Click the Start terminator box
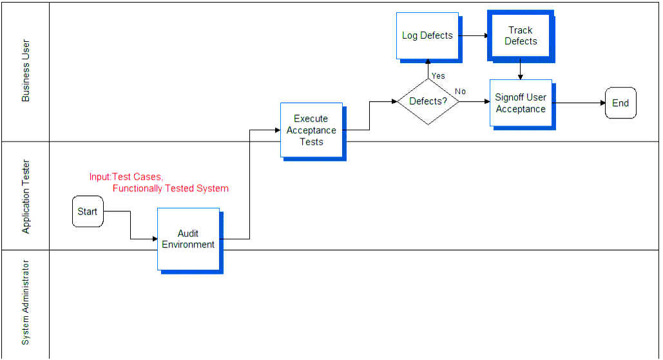[88, 211]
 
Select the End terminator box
[620, 103]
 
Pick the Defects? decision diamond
[428, 101]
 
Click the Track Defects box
[521, 37]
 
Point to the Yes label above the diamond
[438, 76]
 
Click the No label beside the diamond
[461, 91]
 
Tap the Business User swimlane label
[26, 71]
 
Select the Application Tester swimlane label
[26, 196]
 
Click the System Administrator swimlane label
[26, 303]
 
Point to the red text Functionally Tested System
[170, 189]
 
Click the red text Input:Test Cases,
[126, 176]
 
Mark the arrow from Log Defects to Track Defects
[473, 36]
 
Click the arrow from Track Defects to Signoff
[521, 70]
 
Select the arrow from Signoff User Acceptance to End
[579, 102]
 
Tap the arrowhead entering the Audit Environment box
[155, 239]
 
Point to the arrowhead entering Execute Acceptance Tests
[278, 130]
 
